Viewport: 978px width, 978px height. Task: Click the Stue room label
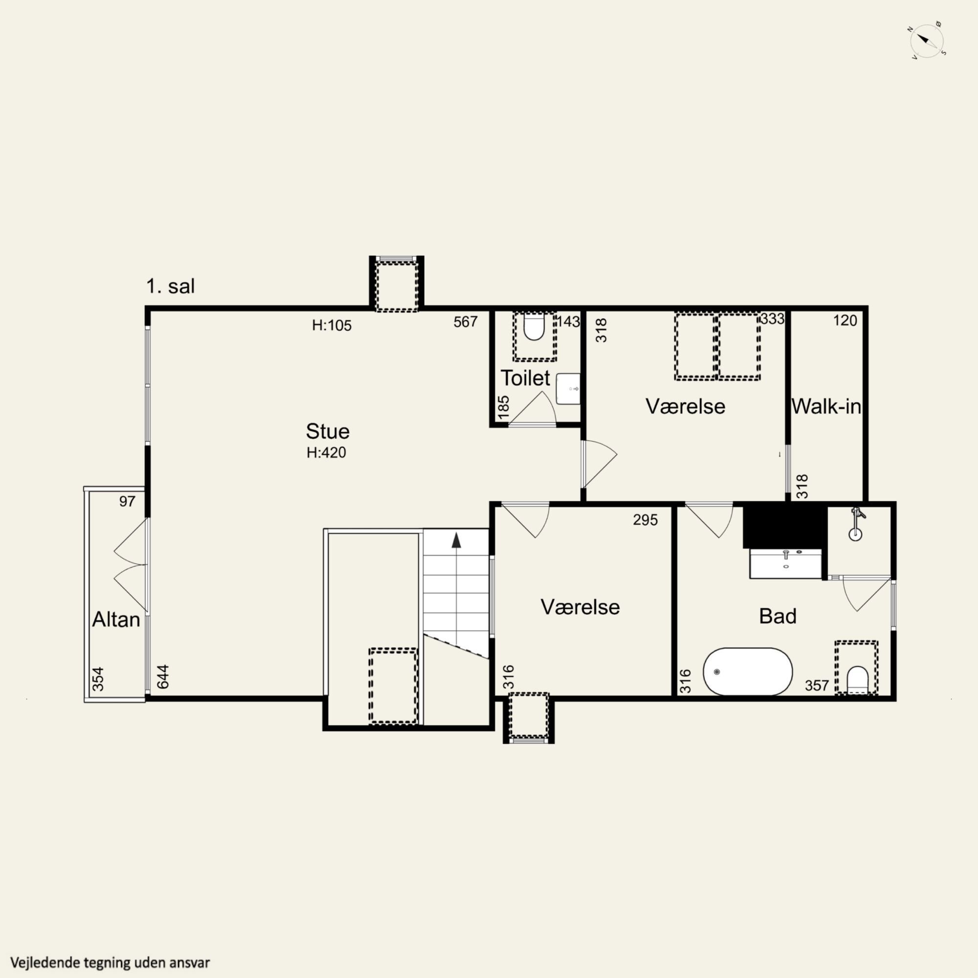point(328,431)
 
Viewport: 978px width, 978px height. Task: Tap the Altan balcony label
point(116,620)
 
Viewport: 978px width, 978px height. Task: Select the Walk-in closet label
point(826,406)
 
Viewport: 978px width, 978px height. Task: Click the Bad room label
point(778,616)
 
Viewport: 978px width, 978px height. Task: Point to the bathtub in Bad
point(748,671)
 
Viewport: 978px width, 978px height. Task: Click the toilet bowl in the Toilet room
point(533,327)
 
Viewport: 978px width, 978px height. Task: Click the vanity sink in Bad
point(786,563)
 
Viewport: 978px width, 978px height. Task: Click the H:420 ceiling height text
point(327,452)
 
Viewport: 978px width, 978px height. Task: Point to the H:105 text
point(332,325)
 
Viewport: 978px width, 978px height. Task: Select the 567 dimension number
point(466,322)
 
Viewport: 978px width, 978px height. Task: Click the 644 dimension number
point(162,676)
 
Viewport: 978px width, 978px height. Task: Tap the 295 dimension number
point(645,520)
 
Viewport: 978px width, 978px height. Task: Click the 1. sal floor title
point(171,286)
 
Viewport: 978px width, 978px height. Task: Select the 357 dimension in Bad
point(817,686)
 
